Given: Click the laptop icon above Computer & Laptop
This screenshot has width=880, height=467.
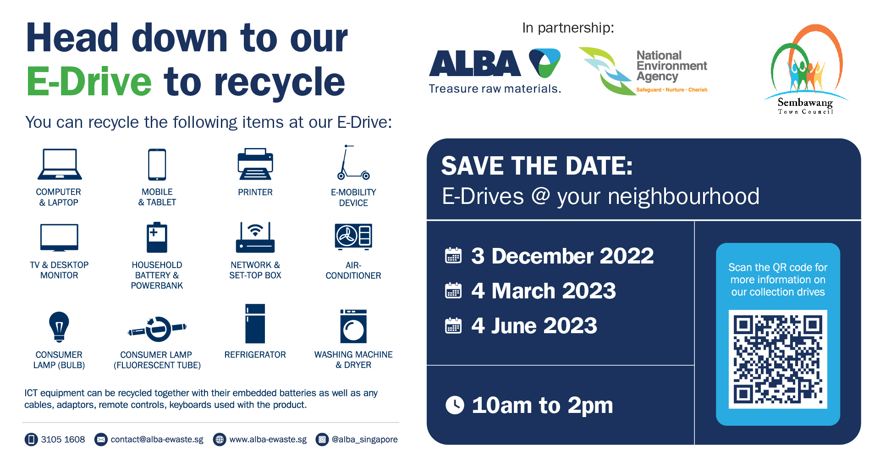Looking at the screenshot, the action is (x=60, y=164).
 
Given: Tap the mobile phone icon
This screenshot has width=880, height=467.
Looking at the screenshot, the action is (x=157, y=164).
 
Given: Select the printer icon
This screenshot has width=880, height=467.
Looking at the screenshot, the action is (x=255, y=164).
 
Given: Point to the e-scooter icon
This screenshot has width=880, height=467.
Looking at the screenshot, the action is (x=353, y=162).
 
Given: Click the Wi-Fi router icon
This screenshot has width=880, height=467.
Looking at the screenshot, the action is (x=255, y=237).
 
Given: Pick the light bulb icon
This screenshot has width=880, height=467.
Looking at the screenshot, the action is (x=59, y=327).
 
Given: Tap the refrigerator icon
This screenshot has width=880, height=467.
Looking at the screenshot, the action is (x=255, y=324).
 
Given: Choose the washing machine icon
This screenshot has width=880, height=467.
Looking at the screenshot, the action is (x=353, y=326).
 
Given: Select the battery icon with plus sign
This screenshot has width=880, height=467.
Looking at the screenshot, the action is (x=157, y=237).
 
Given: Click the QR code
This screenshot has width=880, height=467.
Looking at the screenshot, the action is (x=778, y=359).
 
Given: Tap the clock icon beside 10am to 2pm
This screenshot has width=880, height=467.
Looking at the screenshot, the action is (x=455, y=405).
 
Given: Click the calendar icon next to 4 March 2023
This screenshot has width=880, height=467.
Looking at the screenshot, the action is (x=453, y=291).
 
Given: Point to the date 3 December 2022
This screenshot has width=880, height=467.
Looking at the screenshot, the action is (x=562, y=256).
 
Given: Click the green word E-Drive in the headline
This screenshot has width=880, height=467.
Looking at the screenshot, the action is (x=89, y=82).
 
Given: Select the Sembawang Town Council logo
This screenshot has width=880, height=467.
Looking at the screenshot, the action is (x=806, y=69).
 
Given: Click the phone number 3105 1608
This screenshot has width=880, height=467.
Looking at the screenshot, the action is (x=63, y=440).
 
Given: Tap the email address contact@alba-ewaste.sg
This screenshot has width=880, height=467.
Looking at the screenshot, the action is (x=157, y=440).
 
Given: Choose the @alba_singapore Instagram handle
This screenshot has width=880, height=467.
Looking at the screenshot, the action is (x=364, y=440).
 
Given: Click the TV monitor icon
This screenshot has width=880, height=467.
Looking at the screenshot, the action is (x=59, y=238).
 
